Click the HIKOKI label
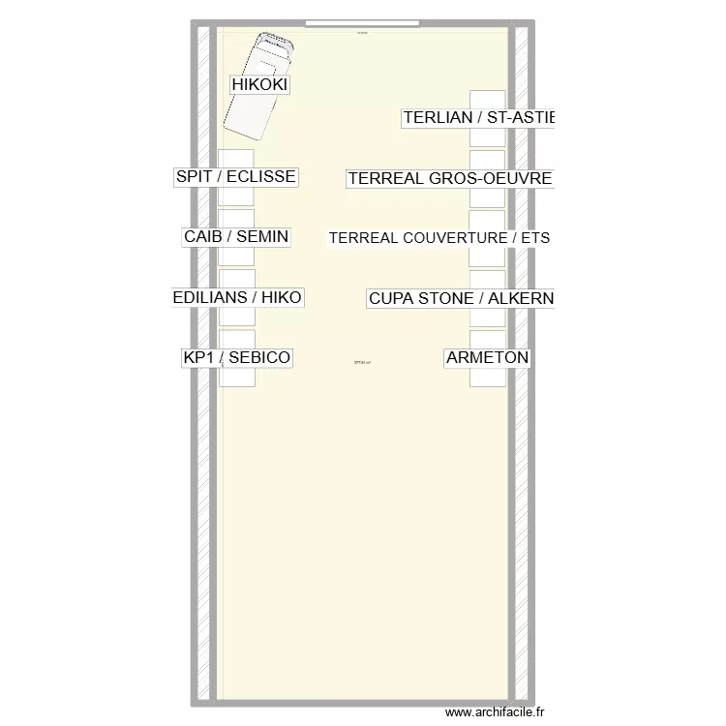coord(260,84)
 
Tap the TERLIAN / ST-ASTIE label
coord(478,118)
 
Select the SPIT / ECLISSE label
coord(235,177)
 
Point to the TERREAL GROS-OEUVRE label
coord(449,178)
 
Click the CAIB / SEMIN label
coord(236,236)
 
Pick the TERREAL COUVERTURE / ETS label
coord(439,238)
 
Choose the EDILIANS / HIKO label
coord(237,297)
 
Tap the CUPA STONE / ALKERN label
coord(461,298)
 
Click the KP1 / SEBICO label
coord(236,358)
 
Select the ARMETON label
coord(487,358)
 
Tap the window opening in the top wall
coord(362,22)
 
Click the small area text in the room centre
coord(362,364)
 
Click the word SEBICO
coord(258,358)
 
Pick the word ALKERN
coord(521,298)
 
